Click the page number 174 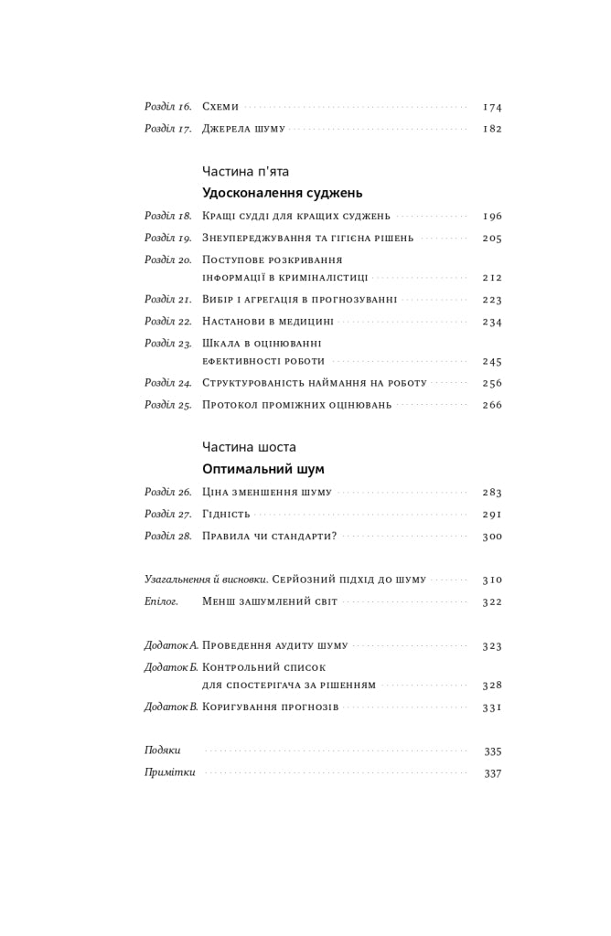tap(492, 107)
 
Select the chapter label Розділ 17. tap(168, 129)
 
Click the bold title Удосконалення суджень tap(282, 193)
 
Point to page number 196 tap(492, 217)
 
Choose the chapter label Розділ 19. tap(168, 239)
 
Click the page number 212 tap(492, 278)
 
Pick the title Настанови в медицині tap(268, 322)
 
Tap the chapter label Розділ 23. tap(168, 344)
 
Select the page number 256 tap(492, 384)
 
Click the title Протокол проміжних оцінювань tap(297, 405)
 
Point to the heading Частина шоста tap(249, 447)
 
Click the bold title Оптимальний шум tap(263, 469)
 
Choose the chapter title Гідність tap(226, 515)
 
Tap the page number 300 tap(492, 537)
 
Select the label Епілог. tap(161, 601)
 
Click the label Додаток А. tap(171, 645)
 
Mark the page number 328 tap(492, 686)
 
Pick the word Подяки tap(163, 750)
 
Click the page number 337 tap(492, 773)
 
